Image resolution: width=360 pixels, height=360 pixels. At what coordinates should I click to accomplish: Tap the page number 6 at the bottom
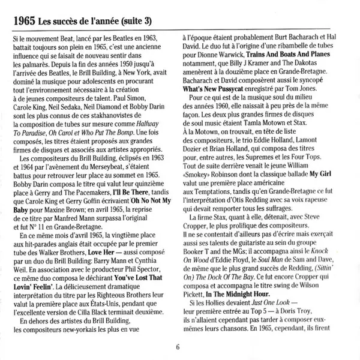point(178,346)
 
